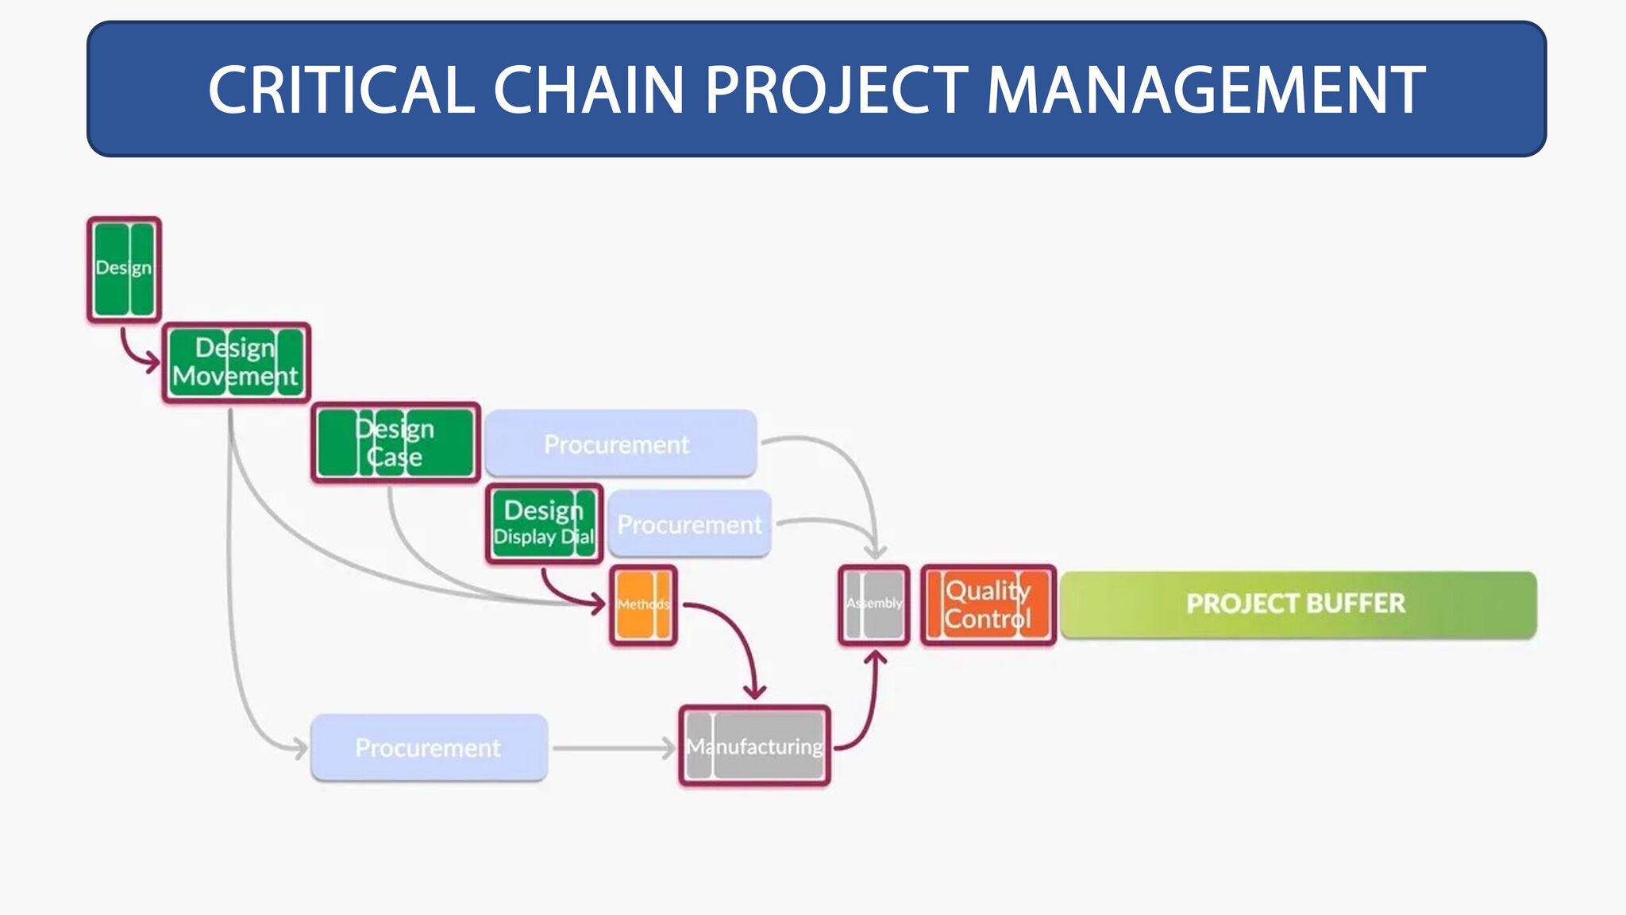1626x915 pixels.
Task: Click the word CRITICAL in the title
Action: (341, 90)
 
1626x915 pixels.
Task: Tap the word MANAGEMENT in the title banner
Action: (1205, 90)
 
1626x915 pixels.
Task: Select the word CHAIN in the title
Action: (588, 90)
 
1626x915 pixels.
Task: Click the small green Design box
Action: (124, 269)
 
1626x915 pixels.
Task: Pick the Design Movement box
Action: (236, 363)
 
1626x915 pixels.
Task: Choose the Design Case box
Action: (395, 442)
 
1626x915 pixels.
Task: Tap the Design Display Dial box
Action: (544, 523)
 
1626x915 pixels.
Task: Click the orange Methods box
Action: (643, 604)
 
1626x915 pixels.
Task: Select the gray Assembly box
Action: (874, 604)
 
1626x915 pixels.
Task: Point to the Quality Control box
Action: (988, 604)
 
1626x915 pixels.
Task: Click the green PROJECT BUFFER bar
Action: (1297, 604)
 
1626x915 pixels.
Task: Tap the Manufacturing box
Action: (754, 746)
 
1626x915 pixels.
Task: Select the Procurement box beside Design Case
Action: (620, 443)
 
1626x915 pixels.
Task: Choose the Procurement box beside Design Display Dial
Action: (689, 524)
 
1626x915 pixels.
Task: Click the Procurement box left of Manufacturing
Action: (429, 747)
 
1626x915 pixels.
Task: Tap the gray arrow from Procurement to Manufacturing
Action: (611, 748)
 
